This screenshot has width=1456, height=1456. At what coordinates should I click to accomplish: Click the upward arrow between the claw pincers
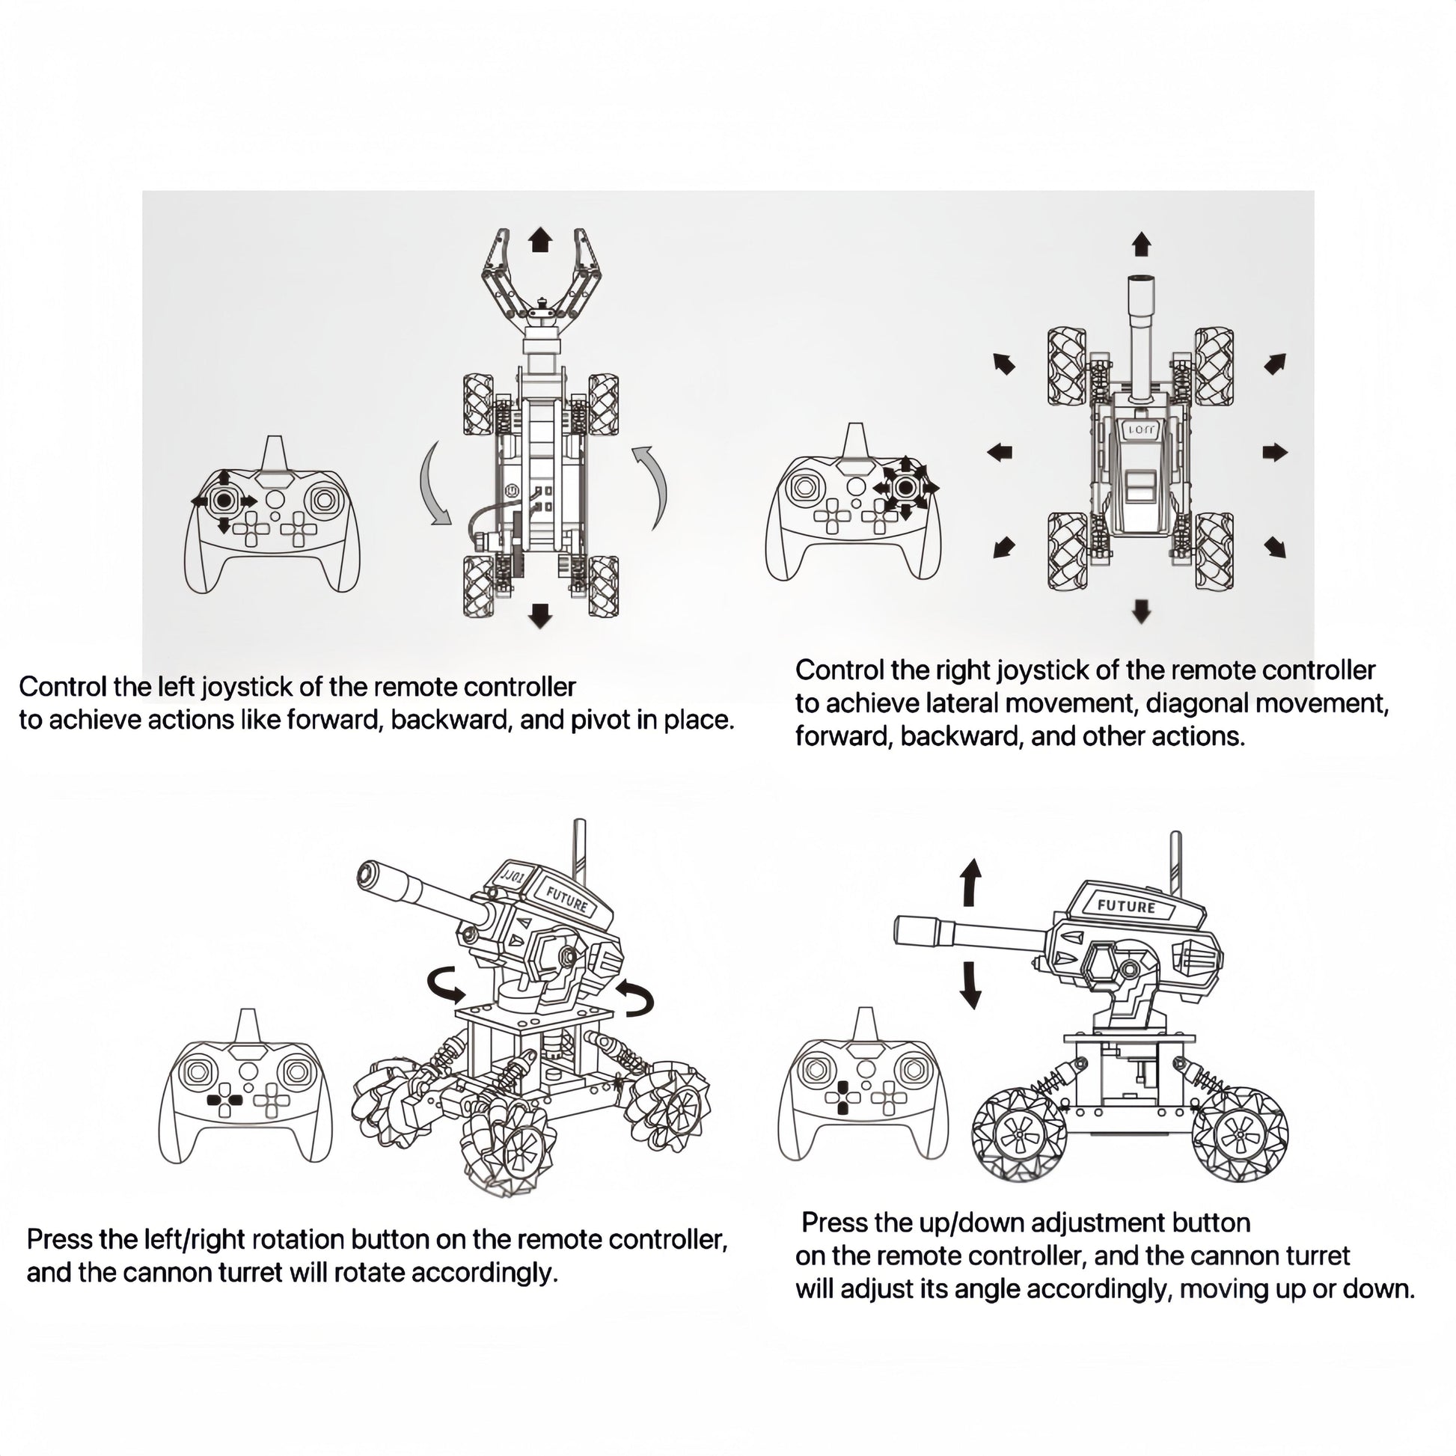click(x=539, y=241)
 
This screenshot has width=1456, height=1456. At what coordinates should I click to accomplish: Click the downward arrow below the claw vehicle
click(x=539, y=616)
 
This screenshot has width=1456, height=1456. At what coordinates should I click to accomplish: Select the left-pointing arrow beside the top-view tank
click(x=1000, y=452)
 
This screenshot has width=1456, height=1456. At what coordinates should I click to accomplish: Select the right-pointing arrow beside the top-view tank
click(x=1275, y=452)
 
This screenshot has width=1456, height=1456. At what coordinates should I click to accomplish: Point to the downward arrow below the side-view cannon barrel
click(x=970, y=985)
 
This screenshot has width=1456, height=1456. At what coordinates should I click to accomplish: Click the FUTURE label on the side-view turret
click(x=1126, y=907)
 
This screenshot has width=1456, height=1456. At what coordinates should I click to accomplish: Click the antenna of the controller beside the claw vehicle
click(x=275, y=453)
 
